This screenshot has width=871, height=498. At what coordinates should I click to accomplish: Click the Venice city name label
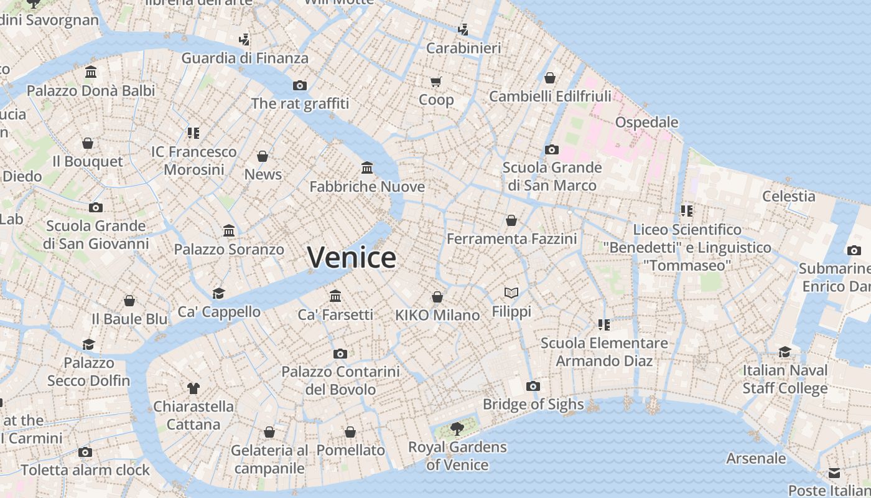click(x=352, y=257)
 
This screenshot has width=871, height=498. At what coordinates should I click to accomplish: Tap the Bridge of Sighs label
click(x=533, y=405)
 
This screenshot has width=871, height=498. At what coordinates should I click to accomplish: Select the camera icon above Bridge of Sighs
click(x=533, y=386)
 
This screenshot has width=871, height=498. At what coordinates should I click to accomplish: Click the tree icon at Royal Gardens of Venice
click(x=457, y=428)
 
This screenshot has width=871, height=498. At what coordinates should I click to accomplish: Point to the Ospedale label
click(x=646, y=122)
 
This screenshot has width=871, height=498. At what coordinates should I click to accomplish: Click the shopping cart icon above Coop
click(x=436, y=82)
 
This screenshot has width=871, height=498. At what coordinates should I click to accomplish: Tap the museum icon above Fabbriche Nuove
click(x=367, y=168)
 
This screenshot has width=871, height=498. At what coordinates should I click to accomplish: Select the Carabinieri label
click(x=463, y=48)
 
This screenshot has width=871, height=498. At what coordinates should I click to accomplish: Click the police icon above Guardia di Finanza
click(x=245, y=40)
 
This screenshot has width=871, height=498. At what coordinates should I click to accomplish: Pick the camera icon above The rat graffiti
click(x=300, y=85)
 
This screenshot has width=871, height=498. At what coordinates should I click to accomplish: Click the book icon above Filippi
click(x=511, y=293)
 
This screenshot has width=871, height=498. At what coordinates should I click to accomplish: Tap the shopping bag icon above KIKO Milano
click(x=437, y=297)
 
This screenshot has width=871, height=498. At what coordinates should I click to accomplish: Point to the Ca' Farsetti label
click(x=335, y=314)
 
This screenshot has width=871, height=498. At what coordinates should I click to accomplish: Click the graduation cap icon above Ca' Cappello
click(x=218, y=293)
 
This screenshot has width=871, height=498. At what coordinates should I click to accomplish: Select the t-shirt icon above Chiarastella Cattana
click(x=193, y=388)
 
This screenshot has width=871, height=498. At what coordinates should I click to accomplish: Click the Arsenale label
click(x=756, y=459)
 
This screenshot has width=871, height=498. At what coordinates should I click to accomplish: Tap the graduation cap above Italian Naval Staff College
click(x=785, y=352)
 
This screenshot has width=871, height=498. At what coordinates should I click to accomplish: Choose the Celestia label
click(x=789, y=196)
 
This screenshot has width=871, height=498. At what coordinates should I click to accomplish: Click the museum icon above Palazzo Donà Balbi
click(x=91, y=72)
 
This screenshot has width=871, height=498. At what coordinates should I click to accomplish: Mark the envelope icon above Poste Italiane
click(x=834, y=472)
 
